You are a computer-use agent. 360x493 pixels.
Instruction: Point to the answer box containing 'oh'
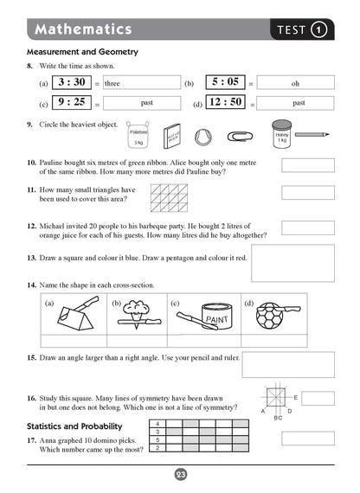(295, 84)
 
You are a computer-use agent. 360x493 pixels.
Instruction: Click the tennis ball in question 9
(203, 136)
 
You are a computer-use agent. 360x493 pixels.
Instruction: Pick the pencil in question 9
(316, 135)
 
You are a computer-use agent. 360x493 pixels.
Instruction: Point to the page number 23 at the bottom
(180, 474)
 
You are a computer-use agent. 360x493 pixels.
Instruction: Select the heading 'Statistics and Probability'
(74, 426)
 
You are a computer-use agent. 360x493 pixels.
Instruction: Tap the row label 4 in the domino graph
(157, 423)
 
